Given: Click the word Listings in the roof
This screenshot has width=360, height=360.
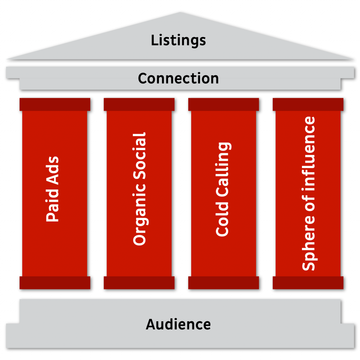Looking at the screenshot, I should coord(178,40).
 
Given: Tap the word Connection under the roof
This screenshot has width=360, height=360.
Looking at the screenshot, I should coord(178,78).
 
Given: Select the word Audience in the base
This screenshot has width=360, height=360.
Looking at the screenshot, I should coord(178,324).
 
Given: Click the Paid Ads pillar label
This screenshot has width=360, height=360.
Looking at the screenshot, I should coord(53,189).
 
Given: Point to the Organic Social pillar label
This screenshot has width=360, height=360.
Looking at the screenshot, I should coord(139,189).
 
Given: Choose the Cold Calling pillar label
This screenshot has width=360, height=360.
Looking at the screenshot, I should coord(223,189).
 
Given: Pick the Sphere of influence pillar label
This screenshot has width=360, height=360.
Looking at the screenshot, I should coord(309,193).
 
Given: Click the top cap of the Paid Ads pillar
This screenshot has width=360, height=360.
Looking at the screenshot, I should coord(55,104).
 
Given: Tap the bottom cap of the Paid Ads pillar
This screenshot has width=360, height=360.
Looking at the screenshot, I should coord(55,283).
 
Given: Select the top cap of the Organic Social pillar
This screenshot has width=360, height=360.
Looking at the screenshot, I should coord(139,104).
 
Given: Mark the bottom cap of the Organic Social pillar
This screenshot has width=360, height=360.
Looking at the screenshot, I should coord(139,283).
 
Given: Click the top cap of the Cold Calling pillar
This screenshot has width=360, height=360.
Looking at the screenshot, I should coord(224,104).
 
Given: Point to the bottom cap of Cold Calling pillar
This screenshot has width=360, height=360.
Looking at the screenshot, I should coord(224,283).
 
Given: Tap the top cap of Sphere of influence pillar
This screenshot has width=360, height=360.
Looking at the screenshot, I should coord(308,104).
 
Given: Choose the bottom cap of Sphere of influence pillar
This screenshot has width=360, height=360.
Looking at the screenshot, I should coord(308,283).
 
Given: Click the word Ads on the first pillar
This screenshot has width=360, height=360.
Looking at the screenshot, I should coord(53,169).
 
